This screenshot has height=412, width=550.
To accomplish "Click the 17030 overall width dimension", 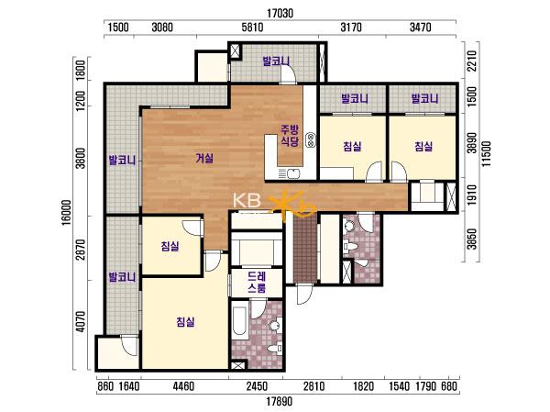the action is [280, 14].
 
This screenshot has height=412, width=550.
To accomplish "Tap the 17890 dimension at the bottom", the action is [279, 401].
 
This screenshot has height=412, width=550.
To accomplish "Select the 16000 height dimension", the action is [67, 212].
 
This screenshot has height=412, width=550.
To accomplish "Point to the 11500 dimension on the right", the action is [487, 154].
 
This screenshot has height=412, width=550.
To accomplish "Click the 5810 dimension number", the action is [253, 27].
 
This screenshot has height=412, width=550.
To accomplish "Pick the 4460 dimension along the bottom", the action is [183, 386].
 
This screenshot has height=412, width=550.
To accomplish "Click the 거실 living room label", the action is [204, 159].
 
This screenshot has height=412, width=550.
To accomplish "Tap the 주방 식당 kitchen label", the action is [290, 136].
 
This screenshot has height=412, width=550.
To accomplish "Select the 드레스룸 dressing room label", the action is [257, 282].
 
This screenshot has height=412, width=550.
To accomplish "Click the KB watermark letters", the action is [247, 201].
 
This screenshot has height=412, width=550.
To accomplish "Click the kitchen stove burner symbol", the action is [311, 139].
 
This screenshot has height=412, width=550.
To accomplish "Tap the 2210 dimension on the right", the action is [472, 61].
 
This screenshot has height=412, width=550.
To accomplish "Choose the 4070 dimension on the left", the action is [81, 321].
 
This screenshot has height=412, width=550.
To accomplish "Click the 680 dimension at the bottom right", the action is [449, 386].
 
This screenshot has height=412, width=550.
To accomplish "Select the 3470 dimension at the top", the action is [420, 27].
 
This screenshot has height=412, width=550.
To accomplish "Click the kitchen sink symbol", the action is [289, 173].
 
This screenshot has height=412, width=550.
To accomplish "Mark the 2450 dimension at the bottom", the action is [257, 386].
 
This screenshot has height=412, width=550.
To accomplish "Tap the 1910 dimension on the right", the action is [472, 195].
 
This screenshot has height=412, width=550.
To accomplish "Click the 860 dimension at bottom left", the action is [105, 386].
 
